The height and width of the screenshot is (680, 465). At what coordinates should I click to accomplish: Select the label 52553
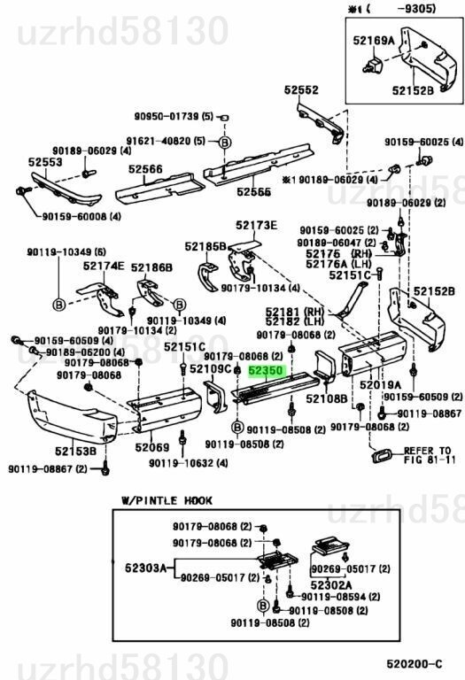click(x=44, y=163)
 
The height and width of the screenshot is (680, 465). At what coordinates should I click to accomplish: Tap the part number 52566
click(x=144, y=169)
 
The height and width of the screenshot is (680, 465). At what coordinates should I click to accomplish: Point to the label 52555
click(x=253, y=191)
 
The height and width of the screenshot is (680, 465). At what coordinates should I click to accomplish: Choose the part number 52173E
click(x=256, y=225)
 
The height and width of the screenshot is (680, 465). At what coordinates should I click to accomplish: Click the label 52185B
click(x=205, y=246)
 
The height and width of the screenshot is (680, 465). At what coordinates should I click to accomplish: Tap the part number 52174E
click(x=104, y=266)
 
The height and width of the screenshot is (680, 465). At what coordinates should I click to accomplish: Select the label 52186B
click(x=151, y=267)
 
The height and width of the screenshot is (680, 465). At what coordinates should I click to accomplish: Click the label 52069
click(x=152, y=447)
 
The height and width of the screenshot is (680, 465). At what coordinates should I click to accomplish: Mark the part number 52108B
click(x=328, y=399)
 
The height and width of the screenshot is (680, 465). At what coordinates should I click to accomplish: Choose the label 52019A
click(x=381, y=385)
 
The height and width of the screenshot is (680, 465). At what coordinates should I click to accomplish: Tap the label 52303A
click(x=146, y=568)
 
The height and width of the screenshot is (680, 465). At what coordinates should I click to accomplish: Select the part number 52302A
click(x=331, y=584)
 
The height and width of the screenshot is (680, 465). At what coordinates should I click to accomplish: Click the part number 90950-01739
click(x=167, y=117)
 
